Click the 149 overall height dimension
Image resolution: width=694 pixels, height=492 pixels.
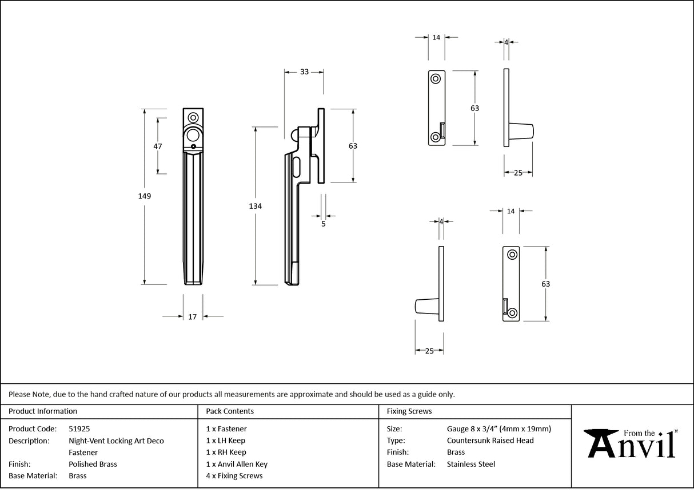point(144,196)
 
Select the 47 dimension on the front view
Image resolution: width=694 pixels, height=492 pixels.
point(158,146)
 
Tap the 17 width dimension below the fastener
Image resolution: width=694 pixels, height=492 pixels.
point(193,316)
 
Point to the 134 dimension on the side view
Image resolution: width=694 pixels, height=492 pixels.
point(256,206)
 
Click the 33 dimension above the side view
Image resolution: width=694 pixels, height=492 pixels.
point(304,72)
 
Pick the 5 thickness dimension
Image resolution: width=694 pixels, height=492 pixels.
point(324,224)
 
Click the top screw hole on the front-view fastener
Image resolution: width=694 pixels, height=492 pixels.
point(193,117)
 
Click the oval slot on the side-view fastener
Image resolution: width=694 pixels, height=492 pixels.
point(296,167)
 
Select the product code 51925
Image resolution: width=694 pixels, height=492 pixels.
point(79,428)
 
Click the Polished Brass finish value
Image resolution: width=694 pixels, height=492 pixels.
point(93,464)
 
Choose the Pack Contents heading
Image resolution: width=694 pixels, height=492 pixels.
point(230,411)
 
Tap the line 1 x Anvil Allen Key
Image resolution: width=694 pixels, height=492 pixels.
point(237,464)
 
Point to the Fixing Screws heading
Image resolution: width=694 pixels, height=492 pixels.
point(409,411)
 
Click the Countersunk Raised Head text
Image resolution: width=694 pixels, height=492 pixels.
point(490,441)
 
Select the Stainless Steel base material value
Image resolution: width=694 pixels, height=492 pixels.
point(470,464)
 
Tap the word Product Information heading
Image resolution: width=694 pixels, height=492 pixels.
point(43,411)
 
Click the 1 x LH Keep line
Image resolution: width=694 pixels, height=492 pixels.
point(226,441)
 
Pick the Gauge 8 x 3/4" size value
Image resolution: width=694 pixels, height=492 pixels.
point(498,428)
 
